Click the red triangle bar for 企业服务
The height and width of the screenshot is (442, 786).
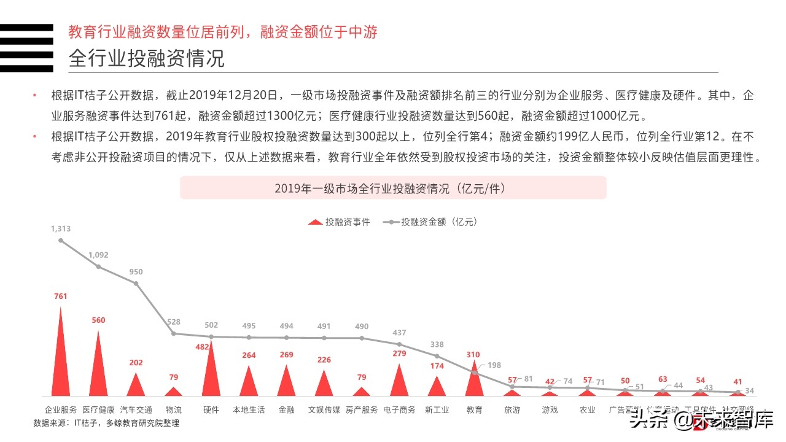click(61, 362)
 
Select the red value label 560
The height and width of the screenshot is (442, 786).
click(98, 320)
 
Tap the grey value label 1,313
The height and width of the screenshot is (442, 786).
click(61, 229)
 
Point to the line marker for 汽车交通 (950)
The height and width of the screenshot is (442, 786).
click(136, 284)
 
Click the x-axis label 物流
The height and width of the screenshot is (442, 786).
click(174, 410)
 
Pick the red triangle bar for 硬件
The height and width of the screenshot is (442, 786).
click(211, 374)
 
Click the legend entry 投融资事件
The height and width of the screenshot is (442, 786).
click(340, 222)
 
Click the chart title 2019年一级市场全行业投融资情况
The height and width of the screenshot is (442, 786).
click(393, 188)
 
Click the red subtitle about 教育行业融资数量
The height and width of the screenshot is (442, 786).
click(222, 32)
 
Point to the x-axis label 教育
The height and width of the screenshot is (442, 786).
click(474, 410)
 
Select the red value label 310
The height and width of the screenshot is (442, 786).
click(474, 355)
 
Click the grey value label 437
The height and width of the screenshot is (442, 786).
click(399, 333)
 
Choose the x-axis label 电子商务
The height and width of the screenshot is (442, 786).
click(399, 410)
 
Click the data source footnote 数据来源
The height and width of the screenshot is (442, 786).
click(106, 423)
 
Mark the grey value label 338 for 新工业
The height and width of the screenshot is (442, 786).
click(437, 344)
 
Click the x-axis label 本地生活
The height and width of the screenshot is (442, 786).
click(249, 410)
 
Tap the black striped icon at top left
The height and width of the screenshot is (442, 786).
click(27, 48)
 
